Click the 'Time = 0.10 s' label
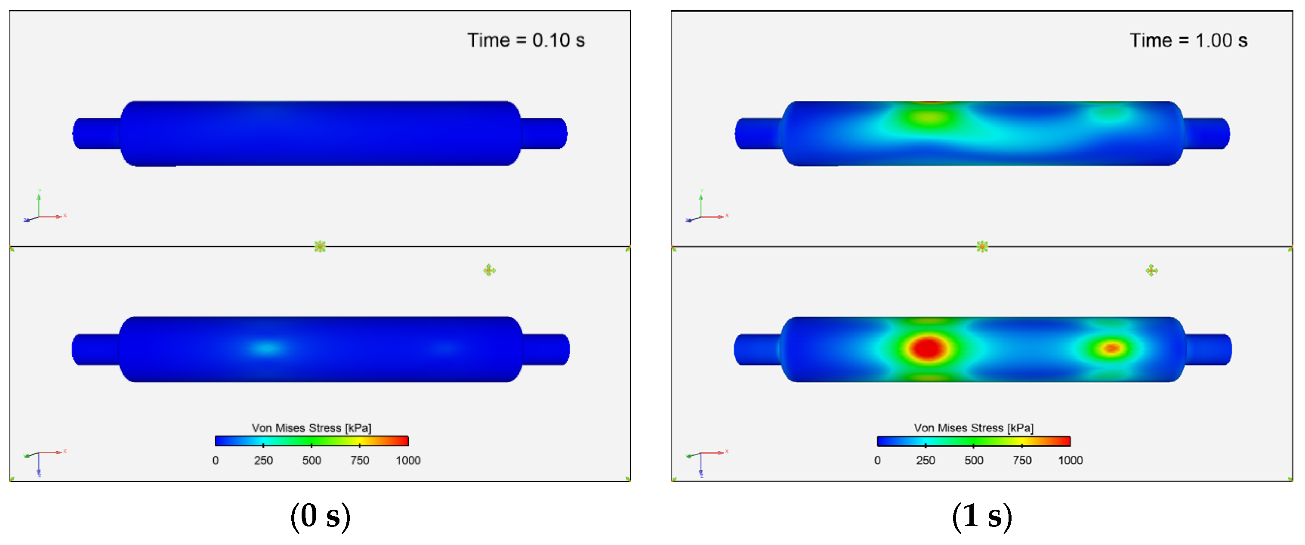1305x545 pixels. click(x=525, y=40)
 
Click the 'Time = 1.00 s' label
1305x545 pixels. click(x=1188, y=40)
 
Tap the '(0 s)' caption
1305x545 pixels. click(x=320, y=516)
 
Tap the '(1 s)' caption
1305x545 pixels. click(x=982, y=516)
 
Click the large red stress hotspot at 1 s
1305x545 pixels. click(x=928, y=348)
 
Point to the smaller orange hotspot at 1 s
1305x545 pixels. click(x=1111, y=348)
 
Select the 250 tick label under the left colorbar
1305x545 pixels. click(x=263, y=460)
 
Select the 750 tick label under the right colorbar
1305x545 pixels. click(x=1022, y=460)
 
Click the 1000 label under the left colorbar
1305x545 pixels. click(x=408, y=460)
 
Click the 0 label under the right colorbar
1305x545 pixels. click(x=877, y=460)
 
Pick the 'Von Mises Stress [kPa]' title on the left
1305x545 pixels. click(x=311, y=428)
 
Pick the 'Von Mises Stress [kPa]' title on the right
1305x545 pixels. click(x=973, y=428)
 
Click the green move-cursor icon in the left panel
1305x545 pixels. click(x=489, y=270)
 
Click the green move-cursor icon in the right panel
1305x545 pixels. click(x=1151, y=270)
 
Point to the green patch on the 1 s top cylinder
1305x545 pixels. click(x=930, y=118)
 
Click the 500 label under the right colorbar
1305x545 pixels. click(x=973, y=460)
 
